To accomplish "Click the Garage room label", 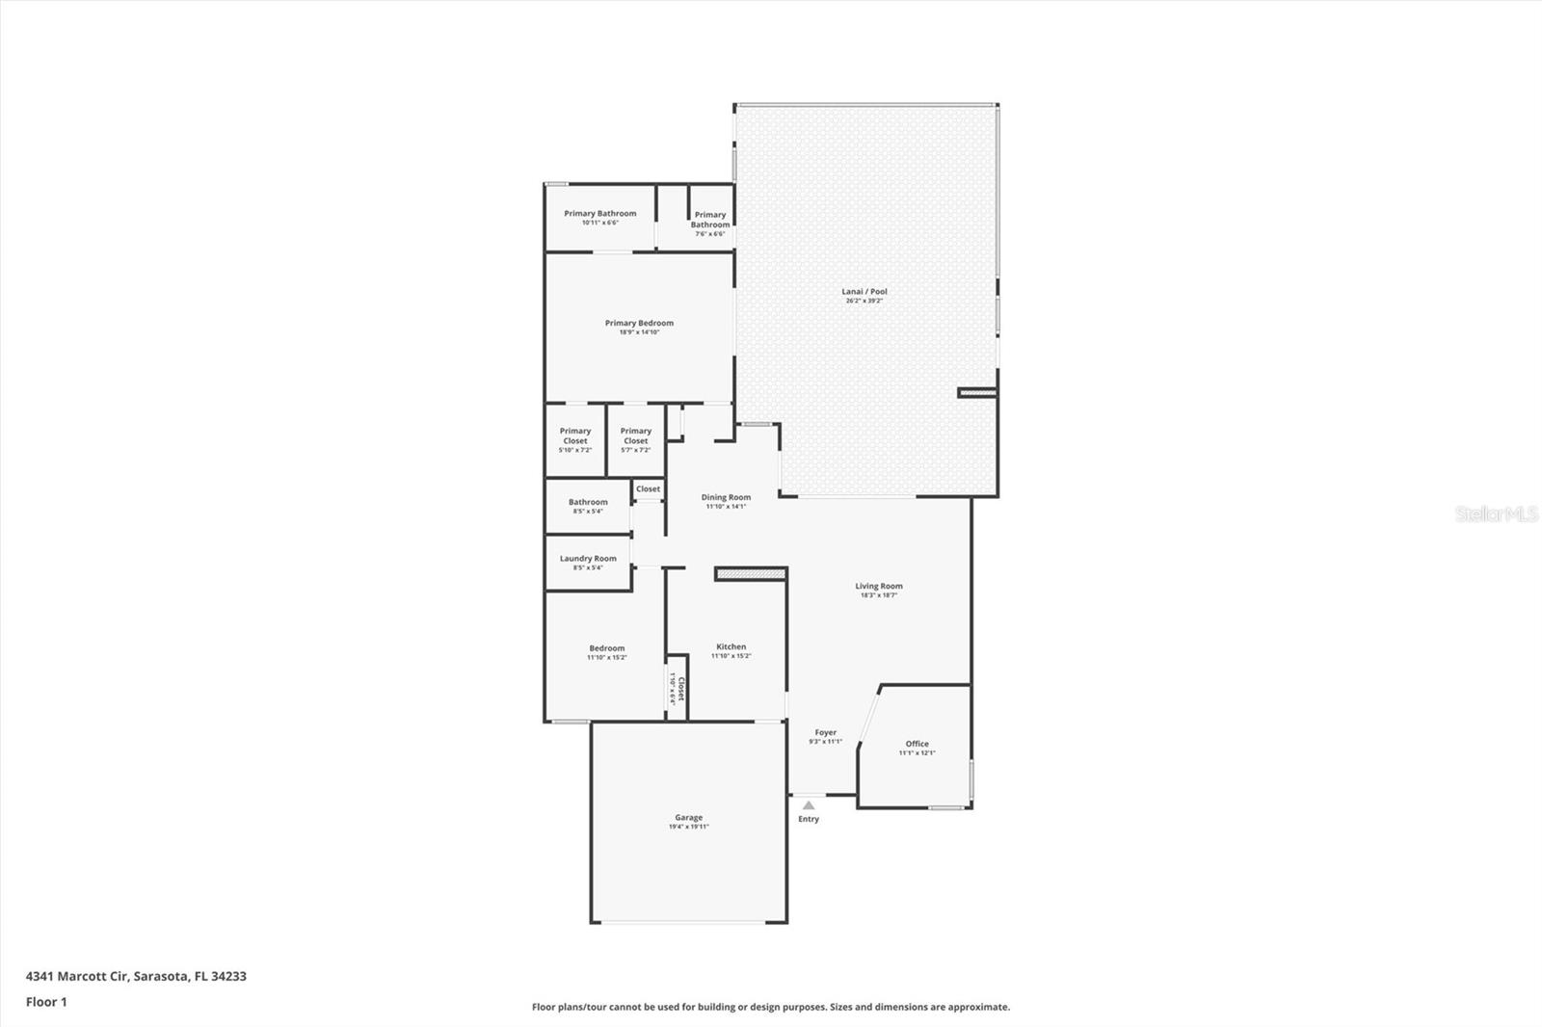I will click(x=688, y=821).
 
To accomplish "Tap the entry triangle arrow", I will click(x=809, y=805).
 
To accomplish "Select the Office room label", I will click(x=917, y=748).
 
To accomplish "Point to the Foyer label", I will click(x=826, y=736).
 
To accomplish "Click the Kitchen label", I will click(x=731, y=650).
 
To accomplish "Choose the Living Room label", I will click(x=879, y=590).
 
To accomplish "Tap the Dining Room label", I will click(x=726, y=501).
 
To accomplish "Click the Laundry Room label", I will click(x=588, y=562).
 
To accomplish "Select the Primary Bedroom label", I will click(x=639, y=327).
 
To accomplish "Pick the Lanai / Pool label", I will click(x=864, y=295).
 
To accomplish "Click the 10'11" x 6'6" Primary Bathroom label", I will click(x=599, y=217).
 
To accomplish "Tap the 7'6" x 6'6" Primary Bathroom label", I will click(x=710, y=224).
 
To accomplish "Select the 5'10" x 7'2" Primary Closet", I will click(x=575, y=439).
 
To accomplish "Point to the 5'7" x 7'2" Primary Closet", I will click(x=636, y=439).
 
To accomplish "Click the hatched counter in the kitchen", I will click(x=751, y=573).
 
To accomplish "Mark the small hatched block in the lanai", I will click(x=975, y=392).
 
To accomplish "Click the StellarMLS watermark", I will click(x=1496, y=514).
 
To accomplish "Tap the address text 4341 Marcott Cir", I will click(x=136, y=976).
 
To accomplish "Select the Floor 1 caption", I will click(x=46, y=1002).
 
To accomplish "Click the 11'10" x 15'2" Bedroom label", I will click(x=607, y=652).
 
